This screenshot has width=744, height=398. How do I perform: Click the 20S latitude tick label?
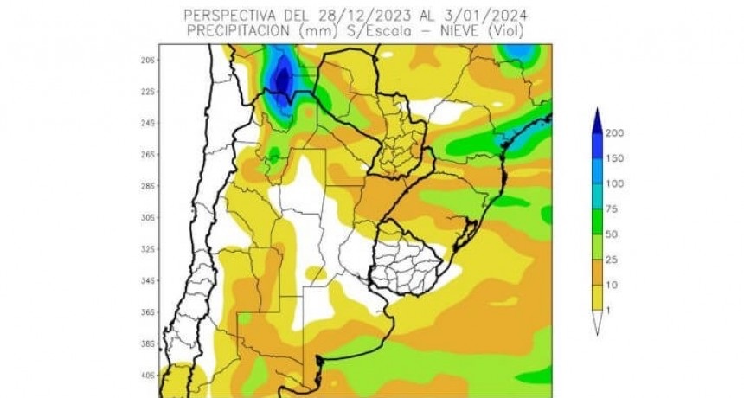149,60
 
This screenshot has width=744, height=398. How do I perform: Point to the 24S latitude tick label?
149,123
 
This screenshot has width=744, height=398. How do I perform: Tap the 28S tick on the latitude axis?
149,186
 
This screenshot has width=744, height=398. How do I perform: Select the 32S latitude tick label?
149,249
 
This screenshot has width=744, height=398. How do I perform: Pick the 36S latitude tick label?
149,312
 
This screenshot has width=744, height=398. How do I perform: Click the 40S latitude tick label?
149,376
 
